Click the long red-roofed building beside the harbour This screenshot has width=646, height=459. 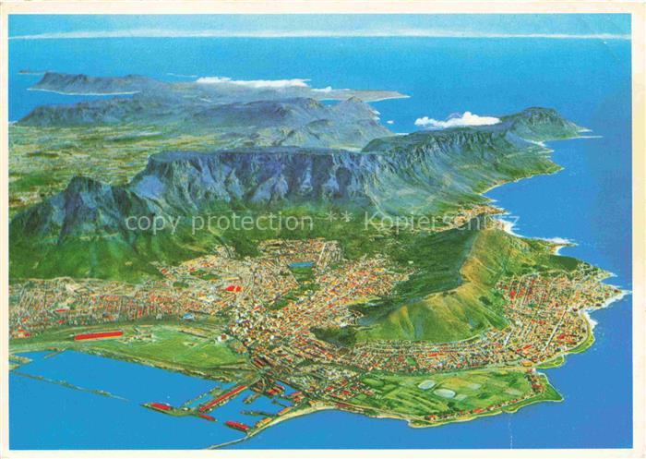click(x=99, y=335)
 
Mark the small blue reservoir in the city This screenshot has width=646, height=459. click(x=301, y=265)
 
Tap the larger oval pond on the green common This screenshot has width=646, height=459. click(x=446, y=393)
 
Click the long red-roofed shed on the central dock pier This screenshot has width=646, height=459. click(x=222, y=398)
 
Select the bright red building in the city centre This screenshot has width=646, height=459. click(x=234, y=289)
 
